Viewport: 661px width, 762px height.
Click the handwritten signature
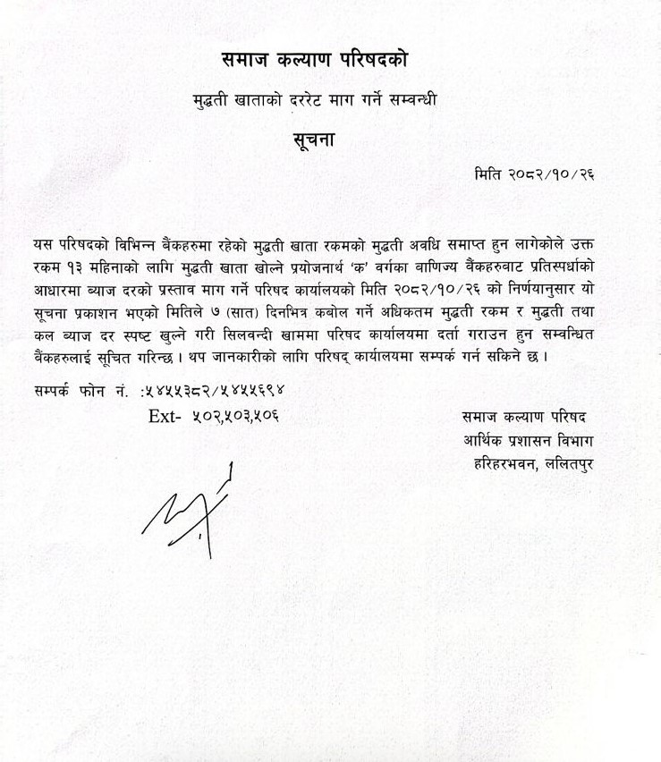[x=191, y=511]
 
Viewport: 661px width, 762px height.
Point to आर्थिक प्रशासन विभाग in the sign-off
[x=529, y=440]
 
